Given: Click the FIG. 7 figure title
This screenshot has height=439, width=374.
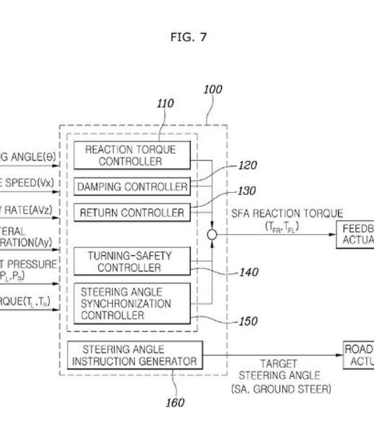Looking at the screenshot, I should coord(188,37).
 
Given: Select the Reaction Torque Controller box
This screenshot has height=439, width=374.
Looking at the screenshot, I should coord(131,155).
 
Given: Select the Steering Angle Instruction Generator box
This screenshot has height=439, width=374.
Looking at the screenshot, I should coord(134,355).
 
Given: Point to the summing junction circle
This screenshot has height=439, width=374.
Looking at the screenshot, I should coord(212,235).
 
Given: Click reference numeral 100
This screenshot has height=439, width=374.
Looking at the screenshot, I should coord(212,89).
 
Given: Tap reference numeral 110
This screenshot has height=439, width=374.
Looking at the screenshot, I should coord(165,104).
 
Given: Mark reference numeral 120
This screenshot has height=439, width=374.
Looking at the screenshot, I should coord(248,166).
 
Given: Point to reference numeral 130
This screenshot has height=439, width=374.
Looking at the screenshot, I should coord(247,191).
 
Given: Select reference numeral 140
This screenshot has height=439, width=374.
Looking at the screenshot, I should coord(248,272).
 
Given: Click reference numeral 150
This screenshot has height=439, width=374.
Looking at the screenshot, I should coord(248,322).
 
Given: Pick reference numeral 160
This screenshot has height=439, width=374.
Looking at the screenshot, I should coord(175,403).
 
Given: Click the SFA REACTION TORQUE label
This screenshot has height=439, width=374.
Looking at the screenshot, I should coord(287,214).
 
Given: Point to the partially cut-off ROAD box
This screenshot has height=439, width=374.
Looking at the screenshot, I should coord(358,355).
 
